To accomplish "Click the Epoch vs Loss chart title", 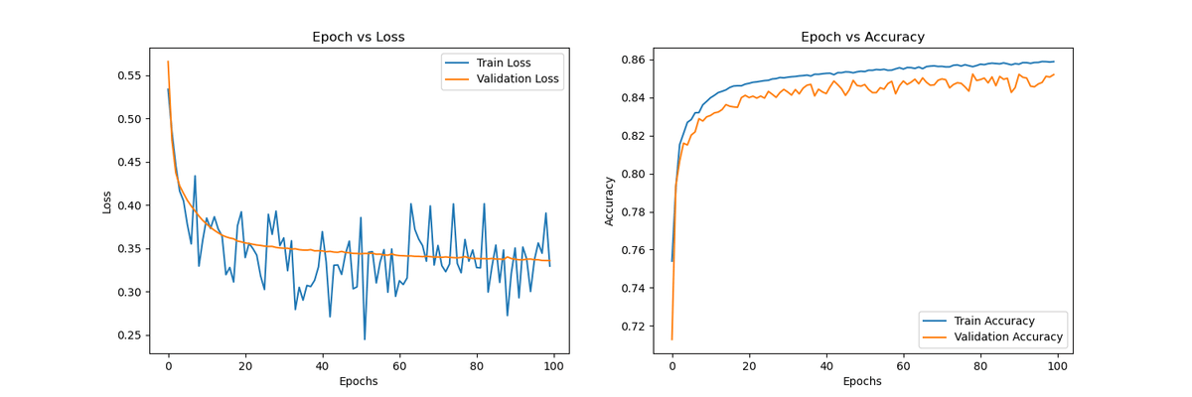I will [358, 37].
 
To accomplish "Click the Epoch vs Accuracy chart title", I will [862, 37].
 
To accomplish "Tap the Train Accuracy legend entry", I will [992, 321].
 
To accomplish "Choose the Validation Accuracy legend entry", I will [1006, 337].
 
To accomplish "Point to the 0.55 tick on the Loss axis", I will [128, 75].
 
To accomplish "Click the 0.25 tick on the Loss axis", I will [128, 335].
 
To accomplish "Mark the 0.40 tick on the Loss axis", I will [128, 205].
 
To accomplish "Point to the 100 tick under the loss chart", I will [554, 366].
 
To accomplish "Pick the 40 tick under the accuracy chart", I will [826, 366].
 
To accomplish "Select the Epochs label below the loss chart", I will [358, 382].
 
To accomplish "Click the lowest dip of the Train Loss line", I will [365, 339].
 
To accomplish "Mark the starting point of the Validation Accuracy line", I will [672, 339].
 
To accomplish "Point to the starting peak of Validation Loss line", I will [168, 62].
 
